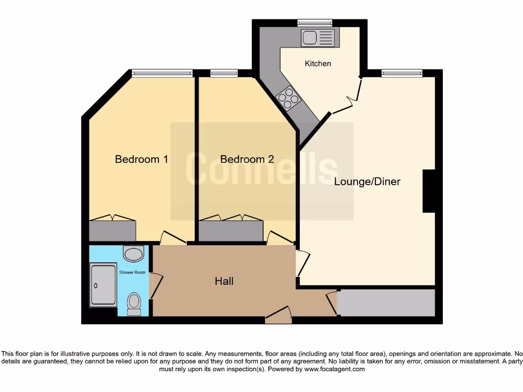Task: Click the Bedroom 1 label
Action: (141, 159)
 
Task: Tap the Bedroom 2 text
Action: (247, 159)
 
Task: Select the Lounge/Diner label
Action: (367, 182)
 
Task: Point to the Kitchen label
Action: (318, 64)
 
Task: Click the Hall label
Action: (224, 281)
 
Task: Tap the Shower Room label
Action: (132, 273)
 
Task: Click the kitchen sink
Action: (317, 38)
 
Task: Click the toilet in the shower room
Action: (134, 304)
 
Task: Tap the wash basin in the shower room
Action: (134, 254)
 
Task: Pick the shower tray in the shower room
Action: (103, 285)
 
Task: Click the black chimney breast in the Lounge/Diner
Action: (428, 190)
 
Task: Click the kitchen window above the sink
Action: (315, 22)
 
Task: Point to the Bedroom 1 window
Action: (162, 73)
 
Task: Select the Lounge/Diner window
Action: (401, 73)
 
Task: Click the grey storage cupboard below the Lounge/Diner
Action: (386, 303)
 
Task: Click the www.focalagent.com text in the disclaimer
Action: (335, 369)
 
